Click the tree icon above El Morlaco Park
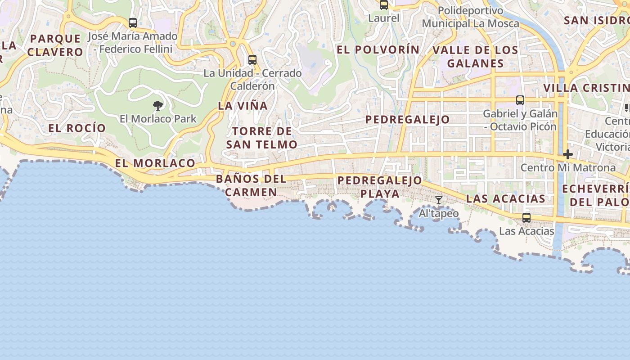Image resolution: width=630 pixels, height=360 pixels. coord(158,106)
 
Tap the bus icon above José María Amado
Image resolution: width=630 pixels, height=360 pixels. coord(133,22)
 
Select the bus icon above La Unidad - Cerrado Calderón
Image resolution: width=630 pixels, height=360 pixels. coord(252,59)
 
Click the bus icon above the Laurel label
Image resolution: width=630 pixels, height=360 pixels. coord(384,5)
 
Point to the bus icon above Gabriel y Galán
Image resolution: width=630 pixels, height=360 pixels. coord(520,100)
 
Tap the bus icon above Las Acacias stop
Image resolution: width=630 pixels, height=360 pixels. coord(526,218)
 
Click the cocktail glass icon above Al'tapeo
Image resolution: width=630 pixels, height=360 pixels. coord(439,200)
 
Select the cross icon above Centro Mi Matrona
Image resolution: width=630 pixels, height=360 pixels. coord(568,154)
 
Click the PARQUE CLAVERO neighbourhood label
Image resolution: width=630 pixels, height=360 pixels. coord(55,45)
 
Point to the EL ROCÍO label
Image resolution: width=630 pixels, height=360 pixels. coord(77,128)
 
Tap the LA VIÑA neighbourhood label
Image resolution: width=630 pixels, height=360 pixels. coord(243,106)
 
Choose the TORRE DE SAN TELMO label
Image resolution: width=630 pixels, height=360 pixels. coord(261,138)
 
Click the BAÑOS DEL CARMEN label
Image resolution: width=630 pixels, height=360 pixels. coord(251,185)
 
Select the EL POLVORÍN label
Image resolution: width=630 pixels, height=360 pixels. coord(378,49)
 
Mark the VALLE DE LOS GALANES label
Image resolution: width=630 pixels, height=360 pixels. coord(475,56)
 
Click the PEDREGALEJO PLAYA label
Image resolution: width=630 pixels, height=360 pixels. coord(380,187)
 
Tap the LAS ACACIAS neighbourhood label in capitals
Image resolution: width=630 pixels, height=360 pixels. coord(506,198)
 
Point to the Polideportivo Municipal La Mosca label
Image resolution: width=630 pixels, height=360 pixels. coord(471,17)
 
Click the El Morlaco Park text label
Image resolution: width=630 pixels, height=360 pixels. coord(158,119)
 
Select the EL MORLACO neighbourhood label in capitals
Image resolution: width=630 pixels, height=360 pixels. coord(155,163)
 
